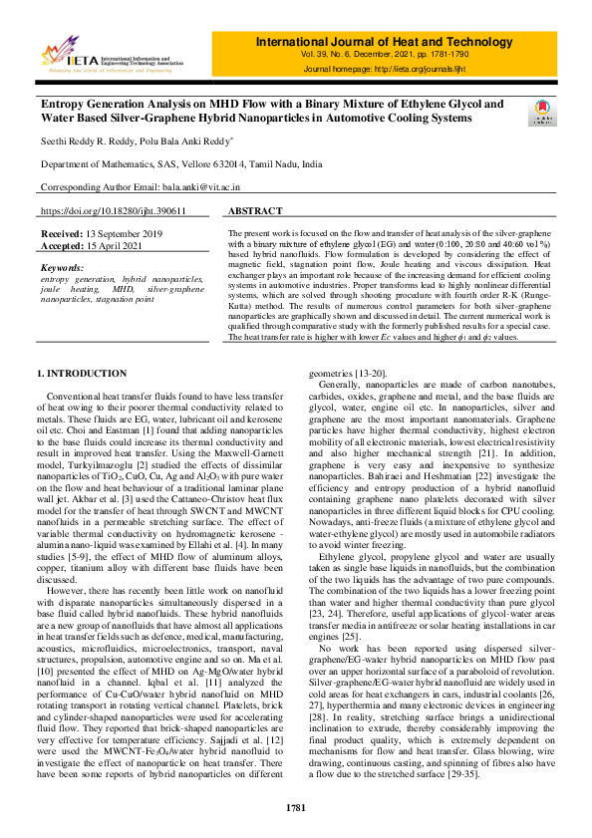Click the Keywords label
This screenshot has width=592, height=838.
[x=63, y=268]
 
